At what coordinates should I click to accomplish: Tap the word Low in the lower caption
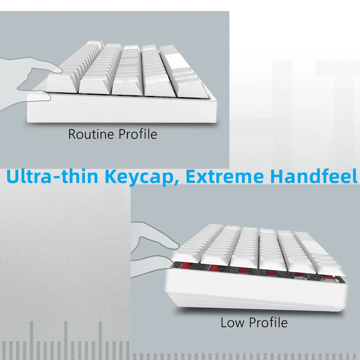coord(231,322)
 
